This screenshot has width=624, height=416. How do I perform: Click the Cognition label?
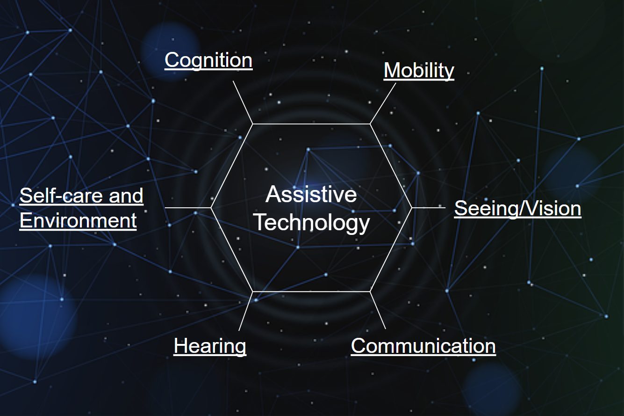coord(208,60)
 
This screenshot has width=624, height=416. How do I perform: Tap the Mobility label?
coord(419,70)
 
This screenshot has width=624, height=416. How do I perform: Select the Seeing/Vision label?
coord(517,208)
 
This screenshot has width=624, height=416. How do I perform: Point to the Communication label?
coord(423,346)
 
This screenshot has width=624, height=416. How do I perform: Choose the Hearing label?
coord(210,346)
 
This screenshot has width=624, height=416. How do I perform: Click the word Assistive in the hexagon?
coord(311,194)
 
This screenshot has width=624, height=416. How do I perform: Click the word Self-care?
coord(61,196)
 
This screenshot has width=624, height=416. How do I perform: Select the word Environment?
coord(78,220)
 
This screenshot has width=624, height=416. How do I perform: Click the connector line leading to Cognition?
coord(243,102)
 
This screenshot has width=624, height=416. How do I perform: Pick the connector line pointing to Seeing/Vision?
coord(426,207)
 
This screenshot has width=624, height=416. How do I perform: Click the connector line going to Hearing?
coord(246,311)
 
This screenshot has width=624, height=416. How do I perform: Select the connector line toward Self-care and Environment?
coord(188,207)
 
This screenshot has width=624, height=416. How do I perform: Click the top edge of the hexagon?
coord(311,124)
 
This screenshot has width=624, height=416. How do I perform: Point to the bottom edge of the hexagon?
coord(311,291)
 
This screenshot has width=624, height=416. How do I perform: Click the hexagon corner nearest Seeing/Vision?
coord(411,207)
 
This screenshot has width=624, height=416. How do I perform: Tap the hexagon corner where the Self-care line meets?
coord(211,207)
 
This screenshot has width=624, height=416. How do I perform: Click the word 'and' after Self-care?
coord(126,196)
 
